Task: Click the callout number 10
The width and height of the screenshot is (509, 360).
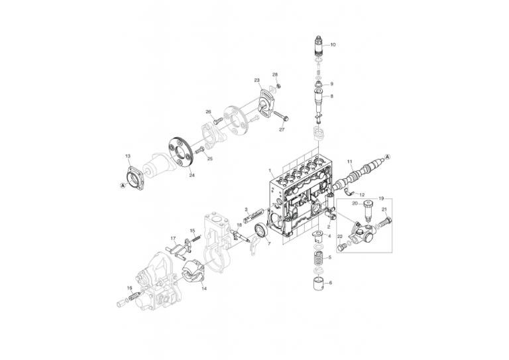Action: point(333,44)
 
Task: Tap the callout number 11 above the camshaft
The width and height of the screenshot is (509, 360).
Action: point(350,162)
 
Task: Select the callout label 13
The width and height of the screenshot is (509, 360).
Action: point(128,156)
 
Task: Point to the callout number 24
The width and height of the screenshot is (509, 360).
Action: point(192,176)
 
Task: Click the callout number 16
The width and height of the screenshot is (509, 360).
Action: point(130,288)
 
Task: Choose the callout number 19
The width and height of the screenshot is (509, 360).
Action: point(380,198)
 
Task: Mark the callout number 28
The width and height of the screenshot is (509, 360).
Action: point(275,75)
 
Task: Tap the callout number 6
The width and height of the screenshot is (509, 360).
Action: point(330,282)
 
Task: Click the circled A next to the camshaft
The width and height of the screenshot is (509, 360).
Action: point(388,156)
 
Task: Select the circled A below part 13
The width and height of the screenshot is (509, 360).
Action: point(123,187)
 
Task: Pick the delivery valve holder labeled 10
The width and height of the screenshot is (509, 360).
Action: point(318,47)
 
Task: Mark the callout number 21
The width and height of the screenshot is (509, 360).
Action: point(384,210)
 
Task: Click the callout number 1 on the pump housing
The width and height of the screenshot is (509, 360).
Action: point(270,171)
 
